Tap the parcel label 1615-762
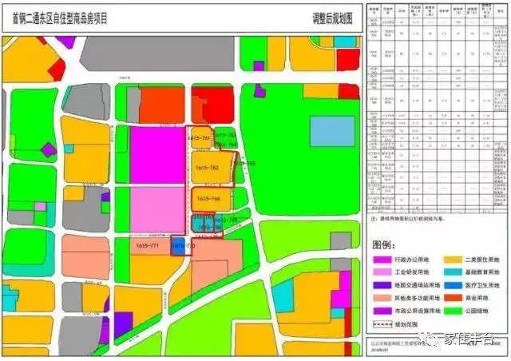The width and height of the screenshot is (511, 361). (207, 169)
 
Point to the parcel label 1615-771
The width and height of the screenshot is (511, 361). (148, 246)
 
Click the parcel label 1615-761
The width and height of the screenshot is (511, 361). (198, 138)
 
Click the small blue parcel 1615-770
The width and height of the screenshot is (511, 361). (178, 247)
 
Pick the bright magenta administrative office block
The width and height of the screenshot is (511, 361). (156, 156)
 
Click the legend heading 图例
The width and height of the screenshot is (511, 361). (386, 243)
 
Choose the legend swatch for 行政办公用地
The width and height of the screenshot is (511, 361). (382, 260)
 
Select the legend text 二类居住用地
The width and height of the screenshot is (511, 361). (483, 260)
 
